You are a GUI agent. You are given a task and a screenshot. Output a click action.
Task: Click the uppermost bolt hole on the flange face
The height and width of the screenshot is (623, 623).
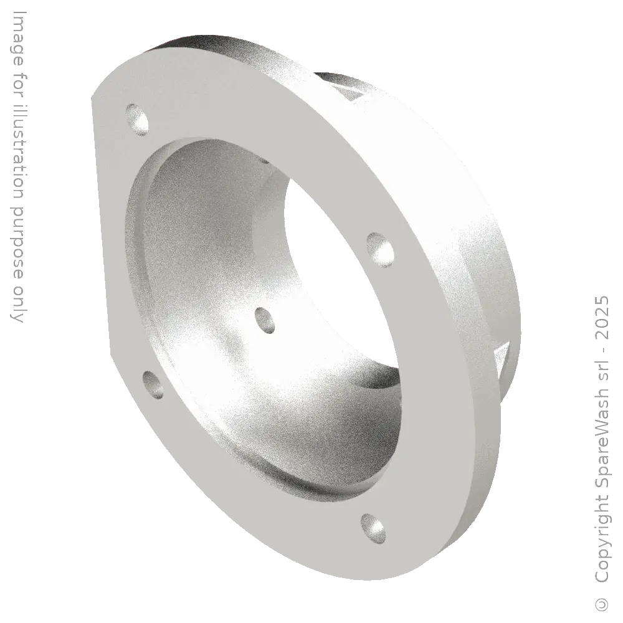coord(138,120)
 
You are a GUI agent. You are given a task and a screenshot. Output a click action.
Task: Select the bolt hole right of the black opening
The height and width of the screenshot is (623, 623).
coord(379,247)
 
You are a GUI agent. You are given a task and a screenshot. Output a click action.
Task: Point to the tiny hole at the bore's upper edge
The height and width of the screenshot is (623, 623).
coord(264,160)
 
